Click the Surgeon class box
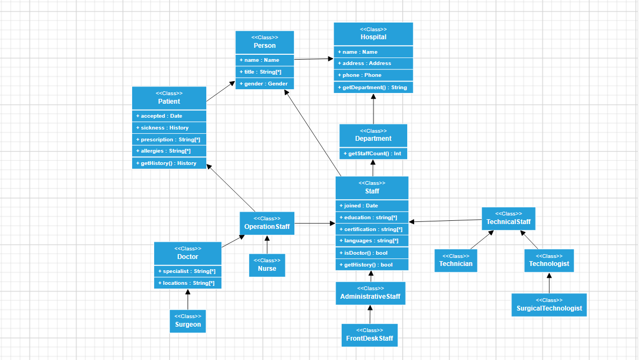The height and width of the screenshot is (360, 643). [188, 321]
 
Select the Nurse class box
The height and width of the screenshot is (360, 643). [267, 265]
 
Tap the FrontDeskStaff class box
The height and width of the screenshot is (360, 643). [370, 335]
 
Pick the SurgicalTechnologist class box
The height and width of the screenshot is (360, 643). [549, 305]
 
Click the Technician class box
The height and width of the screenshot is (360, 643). [456, 261]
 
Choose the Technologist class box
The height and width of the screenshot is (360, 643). [549, 261]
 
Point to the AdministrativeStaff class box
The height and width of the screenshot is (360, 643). [370, 293]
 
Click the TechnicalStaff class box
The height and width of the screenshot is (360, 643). [509, 219]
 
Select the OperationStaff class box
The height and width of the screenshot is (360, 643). [267, 224]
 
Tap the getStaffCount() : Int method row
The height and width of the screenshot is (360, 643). [373, 154]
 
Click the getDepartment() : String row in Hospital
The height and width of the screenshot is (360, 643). [373, 88]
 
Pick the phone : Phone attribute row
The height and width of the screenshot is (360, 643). [373, 75]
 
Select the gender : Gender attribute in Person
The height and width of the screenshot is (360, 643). [264, 84]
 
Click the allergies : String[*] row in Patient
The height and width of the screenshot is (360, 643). [169, 151]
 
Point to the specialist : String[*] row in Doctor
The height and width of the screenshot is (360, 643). [188, 271]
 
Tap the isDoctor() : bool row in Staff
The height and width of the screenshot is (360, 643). [372, 253]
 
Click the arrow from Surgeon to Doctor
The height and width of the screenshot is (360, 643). [188, 300]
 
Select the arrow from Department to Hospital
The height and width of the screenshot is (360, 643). [373, 109]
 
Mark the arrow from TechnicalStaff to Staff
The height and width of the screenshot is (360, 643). [445, 221]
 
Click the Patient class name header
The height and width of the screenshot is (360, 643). [169, 98]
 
